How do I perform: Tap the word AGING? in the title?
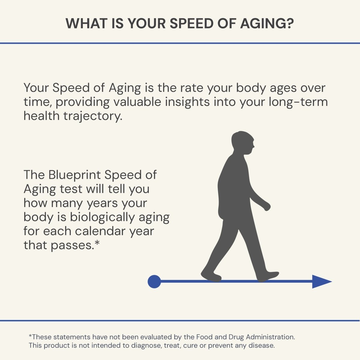coord(267,23)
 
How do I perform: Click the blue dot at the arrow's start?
coord(154,282)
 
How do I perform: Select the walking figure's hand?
coord(266,207)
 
